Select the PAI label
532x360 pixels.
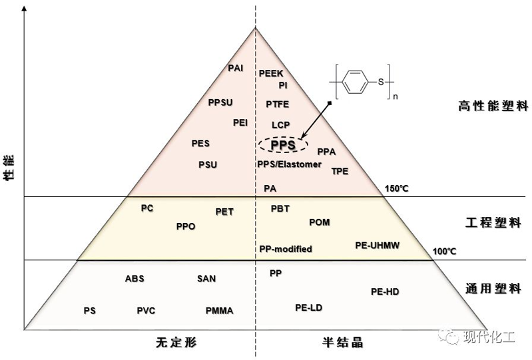coord(235,69)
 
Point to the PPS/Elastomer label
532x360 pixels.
coord(289,164)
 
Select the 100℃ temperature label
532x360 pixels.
coord(444,251)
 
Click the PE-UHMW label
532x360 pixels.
coord(377,246)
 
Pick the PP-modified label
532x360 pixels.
coord(286,249)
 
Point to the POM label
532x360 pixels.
coord(320,222)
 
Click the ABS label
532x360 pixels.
coord(134,279)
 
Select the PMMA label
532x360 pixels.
coord(219,310)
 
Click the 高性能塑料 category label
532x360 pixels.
coord(493,106)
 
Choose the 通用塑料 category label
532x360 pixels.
coord(493,289)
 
